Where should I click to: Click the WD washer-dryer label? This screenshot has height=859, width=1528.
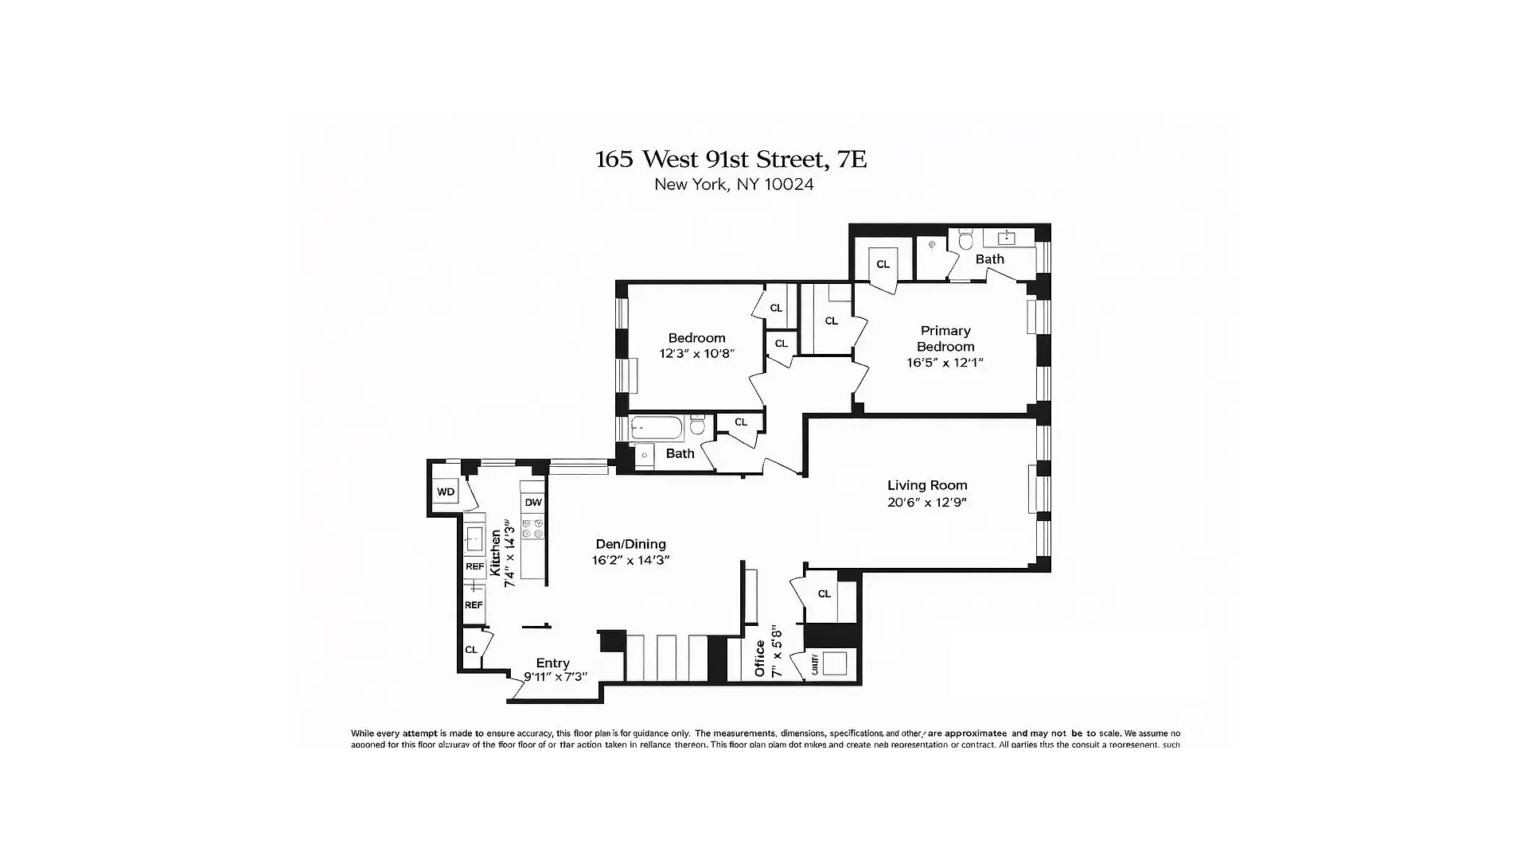(x=446, y=492)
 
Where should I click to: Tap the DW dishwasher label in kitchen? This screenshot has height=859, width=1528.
(x=532, y=503)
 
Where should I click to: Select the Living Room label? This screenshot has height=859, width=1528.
(x=927, y=485)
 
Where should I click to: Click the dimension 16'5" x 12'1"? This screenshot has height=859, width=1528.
(x=945, y=363)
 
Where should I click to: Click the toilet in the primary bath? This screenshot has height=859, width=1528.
(x=966, y=239)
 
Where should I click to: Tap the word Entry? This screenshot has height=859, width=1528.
(x=552, y=663)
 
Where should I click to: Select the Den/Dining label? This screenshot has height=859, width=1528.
(x=630, y=544)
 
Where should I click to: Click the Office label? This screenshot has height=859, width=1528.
(x=760, y=659)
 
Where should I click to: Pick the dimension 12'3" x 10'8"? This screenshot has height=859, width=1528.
(x=696, y=354)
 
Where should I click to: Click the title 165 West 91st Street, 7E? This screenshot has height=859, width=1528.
(x=731, y=159)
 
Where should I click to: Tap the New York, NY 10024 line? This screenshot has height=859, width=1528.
(x=734, y=185)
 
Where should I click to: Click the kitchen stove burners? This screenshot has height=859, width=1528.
(x=532, y=528)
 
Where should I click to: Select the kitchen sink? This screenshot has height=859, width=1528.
(x=475, y=539)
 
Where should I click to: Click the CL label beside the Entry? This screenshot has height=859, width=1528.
(x=471, y=650)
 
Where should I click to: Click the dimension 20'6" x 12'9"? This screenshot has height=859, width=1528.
(x=927, y=503)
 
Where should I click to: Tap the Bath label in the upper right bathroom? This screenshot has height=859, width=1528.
(x=989, y=259)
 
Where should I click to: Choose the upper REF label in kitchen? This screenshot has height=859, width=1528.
(x=474, y=567)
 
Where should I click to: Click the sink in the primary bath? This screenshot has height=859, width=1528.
(x=1007, y=237)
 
